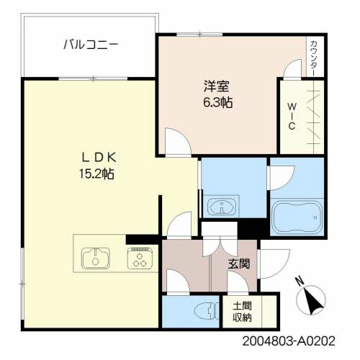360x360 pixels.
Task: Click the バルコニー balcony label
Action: tap(90, 45)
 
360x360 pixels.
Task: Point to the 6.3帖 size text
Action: tap(217, 102)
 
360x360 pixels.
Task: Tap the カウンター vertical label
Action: tap(314, 55)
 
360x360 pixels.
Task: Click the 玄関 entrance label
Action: tap(240, 264)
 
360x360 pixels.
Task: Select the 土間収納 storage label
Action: tap(242, 311)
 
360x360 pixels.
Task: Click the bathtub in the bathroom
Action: tap(297, 216)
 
